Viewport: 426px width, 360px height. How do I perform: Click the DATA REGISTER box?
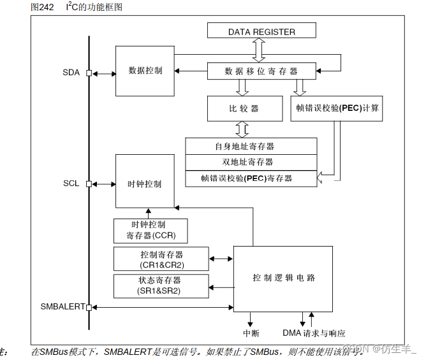(x=261, y=31)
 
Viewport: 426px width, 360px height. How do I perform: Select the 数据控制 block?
(x=145, y=70)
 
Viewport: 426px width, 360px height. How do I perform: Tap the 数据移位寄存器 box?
(x=261, y=71)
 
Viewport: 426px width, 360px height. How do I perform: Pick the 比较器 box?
(x=244, y=108)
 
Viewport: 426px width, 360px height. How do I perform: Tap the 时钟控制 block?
(x=145, y=184)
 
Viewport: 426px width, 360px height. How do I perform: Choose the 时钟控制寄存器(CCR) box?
(x=151, y=231)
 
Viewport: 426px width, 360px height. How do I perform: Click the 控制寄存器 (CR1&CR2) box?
(x=161, y=259)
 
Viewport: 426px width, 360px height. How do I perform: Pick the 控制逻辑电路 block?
(x=284, y=278)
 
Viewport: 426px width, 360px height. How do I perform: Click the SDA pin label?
(x=71, y=73)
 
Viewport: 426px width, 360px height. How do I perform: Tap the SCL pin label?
(x=71, y=184)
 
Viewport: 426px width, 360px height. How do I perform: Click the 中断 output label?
(x=251, y=333)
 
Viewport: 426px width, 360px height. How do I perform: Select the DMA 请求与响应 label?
(x=314, y=333)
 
